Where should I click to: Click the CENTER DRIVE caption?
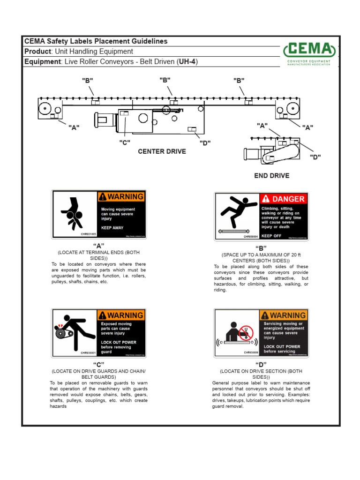[x=162, y=151]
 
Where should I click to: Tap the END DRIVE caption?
[x=271, y=176]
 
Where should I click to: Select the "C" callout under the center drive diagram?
[x=124, y=142]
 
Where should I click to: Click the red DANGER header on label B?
[x=284, y=199]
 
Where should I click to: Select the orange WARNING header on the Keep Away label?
[x=121, y=196]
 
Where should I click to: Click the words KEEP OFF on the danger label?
[x=271, y=236]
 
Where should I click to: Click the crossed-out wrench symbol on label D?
[x=246, y=333]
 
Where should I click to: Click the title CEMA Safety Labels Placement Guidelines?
[x=96, y=41]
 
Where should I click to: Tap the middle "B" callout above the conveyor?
[x=165, y=80]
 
